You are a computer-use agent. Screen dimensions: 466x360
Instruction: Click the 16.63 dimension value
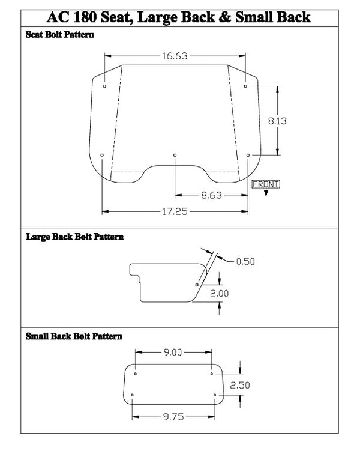coord(174,56)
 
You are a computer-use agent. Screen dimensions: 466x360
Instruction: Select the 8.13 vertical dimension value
coord(277,121)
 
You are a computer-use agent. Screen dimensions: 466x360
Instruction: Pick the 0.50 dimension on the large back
coord(245,261)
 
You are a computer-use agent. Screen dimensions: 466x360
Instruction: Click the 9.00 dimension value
coord(173,353)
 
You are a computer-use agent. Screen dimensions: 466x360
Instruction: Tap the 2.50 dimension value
coord(240,385)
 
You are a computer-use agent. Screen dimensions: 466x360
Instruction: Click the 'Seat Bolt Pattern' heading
coord(59,35)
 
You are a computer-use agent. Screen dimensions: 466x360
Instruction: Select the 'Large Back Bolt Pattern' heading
coord(74,237)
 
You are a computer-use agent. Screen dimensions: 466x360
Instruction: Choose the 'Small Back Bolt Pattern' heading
coord(74,336)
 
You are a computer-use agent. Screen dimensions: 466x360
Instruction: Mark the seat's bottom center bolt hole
coord(175,155)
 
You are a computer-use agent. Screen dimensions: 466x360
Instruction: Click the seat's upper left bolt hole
coord(104,86)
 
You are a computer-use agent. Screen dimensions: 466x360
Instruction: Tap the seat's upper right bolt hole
coord(245,86)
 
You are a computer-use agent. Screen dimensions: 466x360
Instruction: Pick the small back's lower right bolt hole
coord(215,395)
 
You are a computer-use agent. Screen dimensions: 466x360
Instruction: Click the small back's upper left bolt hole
coord(136,374)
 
